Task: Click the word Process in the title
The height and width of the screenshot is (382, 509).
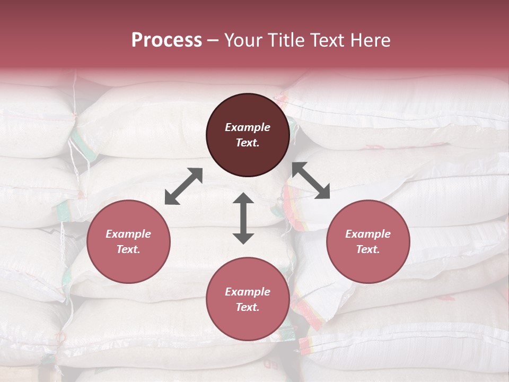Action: (166, 40)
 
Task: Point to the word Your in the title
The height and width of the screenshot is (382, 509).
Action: (243, 40)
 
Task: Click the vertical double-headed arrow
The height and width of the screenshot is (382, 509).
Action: (243, 218)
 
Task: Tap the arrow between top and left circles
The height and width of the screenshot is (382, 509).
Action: (183, 186)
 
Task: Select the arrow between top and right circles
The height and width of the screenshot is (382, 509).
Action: (311, 180)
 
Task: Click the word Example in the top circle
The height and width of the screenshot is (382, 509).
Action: (248, 127)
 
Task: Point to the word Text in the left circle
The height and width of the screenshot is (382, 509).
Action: (128, 249)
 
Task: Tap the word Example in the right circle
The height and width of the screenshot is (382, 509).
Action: (368, 234)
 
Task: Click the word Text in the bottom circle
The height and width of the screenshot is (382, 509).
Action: (248, 307)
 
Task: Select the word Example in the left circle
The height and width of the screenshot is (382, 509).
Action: (128, 234)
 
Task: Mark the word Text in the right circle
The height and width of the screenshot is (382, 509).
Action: (368, 249)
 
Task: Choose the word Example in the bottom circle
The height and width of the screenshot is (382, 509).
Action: (248, 292)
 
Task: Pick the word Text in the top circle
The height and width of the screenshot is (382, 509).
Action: (248, 143)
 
